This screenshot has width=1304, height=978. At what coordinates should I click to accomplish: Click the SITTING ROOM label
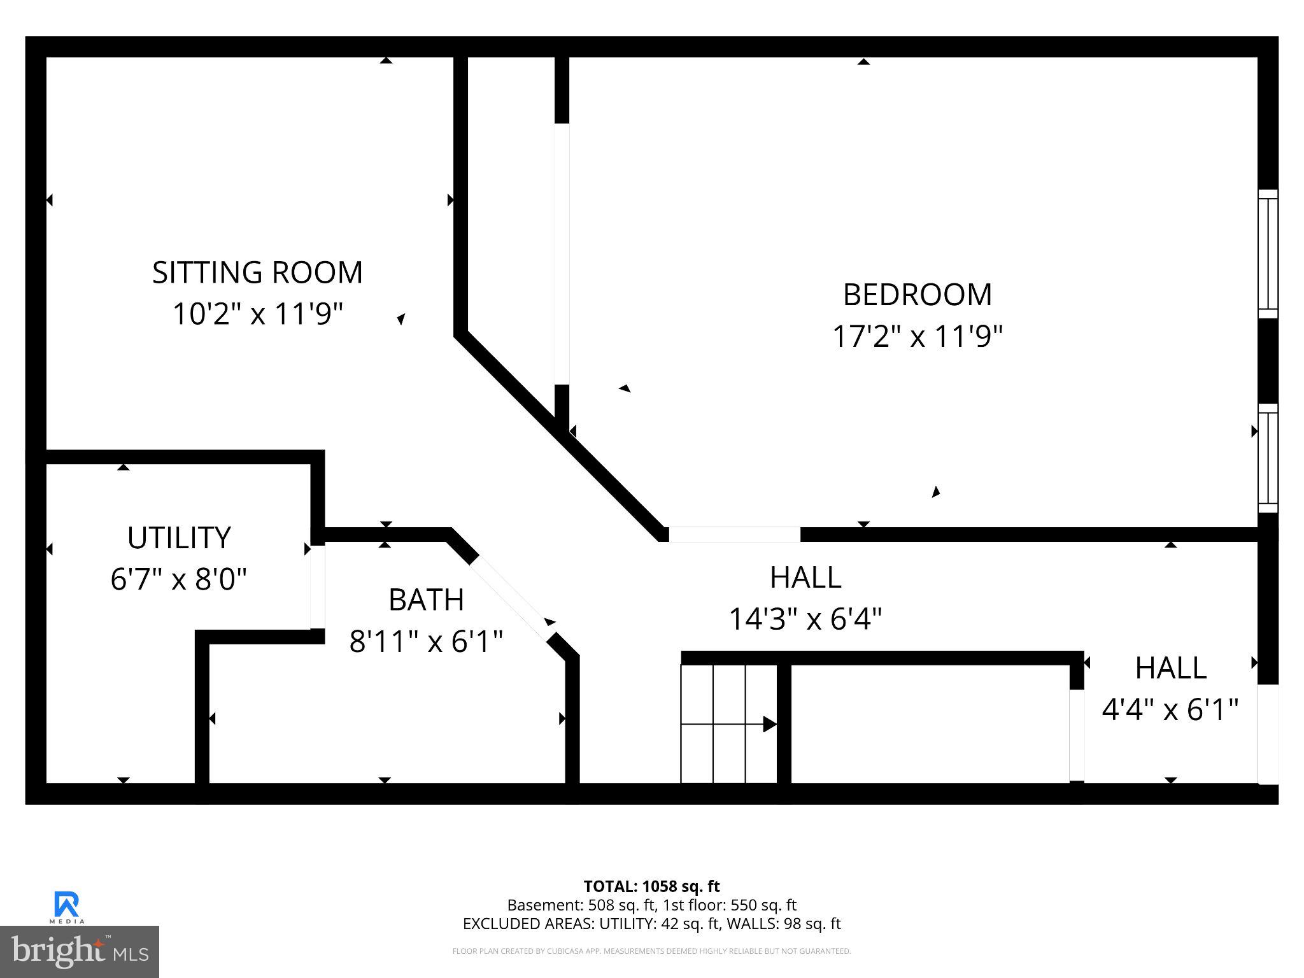tap(257, 273)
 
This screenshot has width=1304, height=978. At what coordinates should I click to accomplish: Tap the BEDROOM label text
tap(917, 295)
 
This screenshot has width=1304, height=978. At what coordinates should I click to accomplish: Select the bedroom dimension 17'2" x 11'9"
tap(917, 336)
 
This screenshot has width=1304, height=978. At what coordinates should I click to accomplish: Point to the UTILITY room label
tap(179, 538)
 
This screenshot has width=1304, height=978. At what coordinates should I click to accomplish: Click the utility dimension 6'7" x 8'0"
tap(179, 579)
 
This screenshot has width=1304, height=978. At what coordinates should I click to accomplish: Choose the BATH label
tap(426, 600)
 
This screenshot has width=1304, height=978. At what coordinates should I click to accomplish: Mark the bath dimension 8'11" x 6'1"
tap(426, 641)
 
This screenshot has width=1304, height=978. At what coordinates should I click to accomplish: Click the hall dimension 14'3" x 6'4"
tap(805, 618)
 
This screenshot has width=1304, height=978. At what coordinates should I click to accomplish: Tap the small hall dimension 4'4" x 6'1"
tap(1170, 709)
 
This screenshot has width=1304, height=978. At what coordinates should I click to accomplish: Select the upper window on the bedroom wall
tap(1268, 253)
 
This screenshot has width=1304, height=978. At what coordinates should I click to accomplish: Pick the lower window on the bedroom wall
tap(1268, 458)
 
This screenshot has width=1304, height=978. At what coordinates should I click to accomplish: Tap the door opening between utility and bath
tap(317, 586)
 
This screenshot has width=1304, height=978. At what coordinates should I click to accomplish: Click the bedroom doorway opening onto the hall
tap(734, 534)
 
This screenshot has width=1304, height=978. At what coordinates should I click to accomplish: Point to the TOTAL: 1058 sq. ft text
tap(651, 886)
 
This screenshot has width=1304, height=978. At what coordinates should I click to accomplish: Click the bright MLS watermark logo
tap(80, 951)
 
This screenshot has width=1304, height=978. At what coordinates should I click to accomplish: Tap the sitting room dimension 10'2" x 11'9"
tap(257, 314)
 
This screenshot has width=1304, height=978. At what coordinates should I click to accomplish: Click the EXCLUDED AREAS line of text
tap(651, 924)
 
